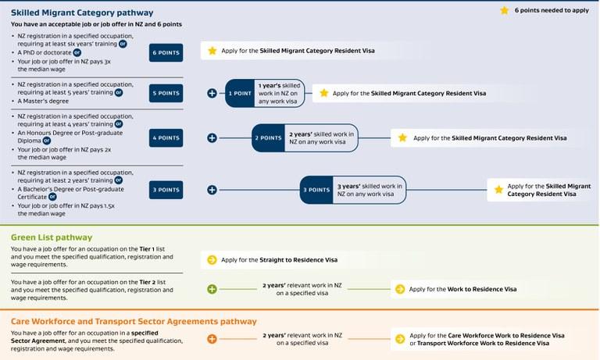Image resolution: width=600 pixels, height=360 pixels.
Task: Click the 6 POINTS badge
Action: coord(166,52)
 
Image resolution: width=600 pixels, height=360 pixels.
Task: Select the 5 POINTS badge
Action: coord(166,93)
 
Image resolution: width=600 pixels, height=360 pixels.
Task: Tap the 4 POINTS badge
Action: coord(166,138)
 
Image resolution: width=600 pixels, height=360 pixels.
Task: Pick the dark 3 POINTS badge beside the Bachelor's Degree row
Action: coord(166,189)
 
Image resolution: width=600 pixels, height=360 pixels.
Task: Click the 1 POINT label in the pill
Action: coord(240,93)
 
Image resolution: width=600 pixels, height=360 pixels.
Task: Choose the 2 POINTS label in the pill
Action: coord(268,138)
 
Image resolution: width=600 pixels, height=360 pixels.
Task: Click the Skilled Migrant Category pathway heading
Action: coord(82,12)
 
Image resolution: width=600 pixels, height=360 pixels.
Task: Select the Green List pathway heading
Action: coord(52,237)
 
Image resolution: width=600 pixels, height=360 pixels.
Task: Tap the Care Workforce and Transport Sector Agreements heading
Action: coord(134,321)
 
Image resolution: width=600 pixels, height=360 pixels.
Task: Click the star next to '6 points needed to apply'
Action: coord(504,11)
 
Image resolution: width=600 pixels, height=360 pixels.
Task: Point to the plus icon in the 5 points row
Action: coord(212,93)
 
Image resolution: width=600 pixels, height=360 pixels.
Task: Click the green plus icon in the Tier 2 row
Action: coord(212,289)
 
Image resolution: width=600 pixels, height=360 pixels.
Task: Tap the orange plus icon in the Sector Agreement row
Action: coord(212,339)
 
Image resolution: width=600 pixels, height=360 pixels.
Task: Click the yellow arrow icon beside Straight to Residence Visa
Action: coord(212,259)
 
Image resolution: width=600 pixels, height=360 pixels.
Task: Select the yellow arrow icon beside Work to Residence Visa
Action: coord(400,289)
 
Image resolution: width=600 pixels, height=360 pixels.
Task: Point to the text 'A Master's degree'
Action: coord(44,101)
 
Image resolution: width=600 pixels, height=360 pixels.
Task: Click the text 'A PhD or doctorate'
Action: coord(44,52)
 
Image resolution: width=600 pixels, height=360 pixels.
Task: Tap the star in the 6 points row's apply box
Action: coord(212,51)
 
